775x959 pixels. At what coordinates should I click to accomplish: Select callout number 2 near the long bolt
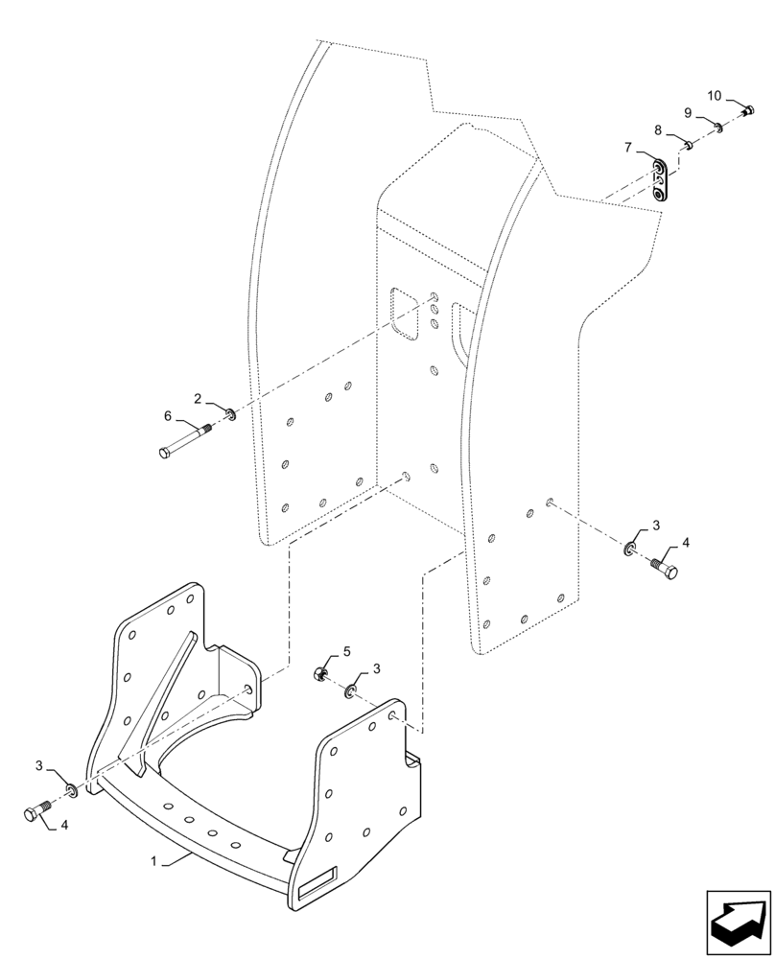coord(198,398)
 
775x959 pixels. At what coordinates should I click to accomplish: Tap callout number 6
coord(169,416)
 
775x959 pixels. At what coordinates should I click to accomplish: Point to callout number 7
coord(628,148)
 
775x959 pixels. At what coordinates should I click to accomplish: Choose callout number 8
coord(658,129)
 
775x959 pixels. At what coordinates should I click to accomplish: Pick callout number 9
coord(688,112)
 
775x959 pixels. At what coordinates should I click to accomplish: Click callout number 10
coord(715,95)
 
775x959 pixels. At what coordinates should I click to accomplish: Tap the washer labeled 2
coord(231,414)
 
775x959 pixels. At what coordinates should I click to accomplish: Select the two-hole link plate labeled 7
coord(659,181)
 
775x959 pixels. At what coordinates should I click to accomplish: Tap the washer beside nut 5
coord(351,690)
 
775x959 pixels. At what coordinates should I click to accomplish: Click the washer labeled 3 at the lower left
coord(72,790)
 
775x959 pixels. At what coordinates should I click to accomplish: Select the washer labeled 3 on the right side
coord(630,549)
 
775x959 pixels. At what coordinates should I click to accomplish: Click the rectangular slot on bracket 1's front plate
coord(317,883)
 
